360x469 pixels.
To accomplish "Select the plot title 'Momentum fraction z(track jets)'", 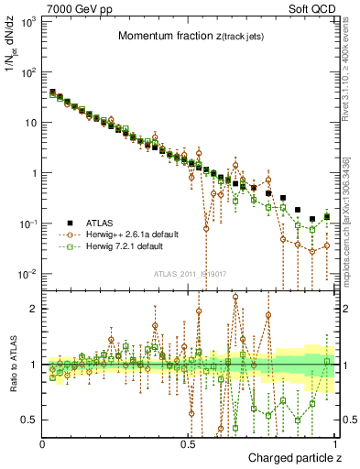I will pos(193,36).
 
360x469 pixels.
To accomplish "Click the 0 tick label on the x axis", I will pos(43,444).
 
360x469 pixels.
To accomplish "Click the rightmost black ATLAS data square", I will pos(327,217).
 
